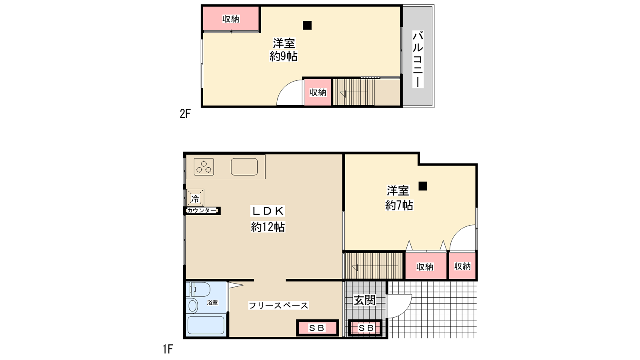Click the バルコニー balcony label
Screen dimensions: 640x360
(x=418, y=60)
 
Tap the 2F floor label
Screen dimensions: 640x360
(x=185, y=114)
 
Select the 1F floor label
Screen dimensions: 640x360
(x=168, y=349)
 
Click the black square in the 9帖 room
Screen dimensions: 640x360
(x=307, y=26)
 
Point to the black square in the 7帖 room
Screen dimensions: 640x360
(x=423, y=186)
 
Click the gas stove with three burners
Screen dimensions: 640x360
(x=204, y=166)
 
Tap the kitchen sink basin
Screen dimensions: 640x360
(x=244, y=166)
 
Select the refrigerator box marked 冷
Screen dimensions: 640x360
(x=195, y=198)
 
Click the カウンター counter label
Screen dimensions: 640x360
(x=202, y=210)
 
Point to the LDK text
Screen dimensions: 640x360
(x=268, y=211)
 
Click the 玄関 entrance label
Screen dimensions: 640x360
(x=364, y=300)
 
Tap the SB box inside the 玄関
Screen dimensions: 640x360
(x=366, y=328)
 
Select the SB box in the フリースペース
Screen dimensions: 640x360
(x=317, y=328)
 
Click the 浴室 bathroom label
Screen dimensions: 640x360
(x=212, y=302)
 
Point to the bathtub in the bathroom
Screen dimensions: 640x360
(x=206, y=325)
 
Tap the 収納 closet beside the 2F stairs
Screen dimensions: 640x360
(x=318, y=92)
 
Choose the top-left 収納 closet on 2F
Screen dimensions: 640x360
(x=231, y=19)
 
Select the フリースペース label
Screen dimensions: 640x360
(x=278, y=306)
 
